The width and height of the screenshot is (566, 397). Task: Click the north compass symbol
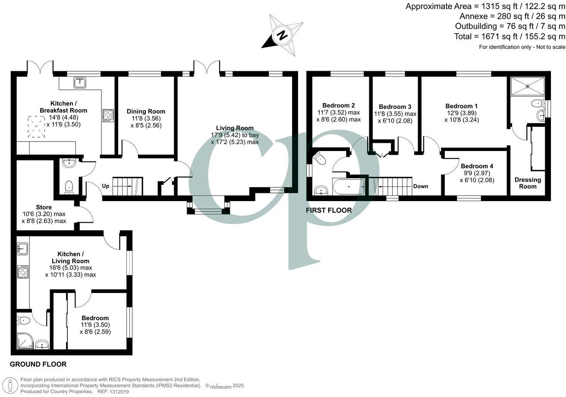(282, 35)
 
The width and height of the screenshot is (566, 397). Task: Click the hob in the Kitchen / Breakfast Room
(108, 116)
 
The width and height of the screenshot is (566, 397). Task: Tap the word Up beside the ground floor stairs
(105, 186)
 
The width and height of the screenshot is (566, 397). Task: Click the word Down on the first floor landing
(421, 186)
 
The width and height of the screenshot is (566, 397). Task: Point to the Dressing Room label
(527, 183)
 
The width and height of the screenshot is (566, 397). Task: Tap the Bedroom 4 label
(477, 166)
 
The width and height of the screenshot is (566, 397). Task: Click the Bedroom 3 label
(395, 107)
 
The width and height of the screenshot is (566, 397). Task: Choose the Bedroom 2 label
(339, 105)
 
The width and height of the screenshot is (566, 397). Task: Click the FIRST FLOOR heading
(329, 211)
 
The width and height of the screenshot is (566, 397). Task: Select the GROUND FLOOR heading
(38, 364)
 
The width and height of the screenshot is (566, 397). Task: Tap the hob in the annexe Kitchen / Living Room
(23, 272)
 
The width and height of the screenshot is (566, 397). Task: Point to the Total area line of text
(509, 37)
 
